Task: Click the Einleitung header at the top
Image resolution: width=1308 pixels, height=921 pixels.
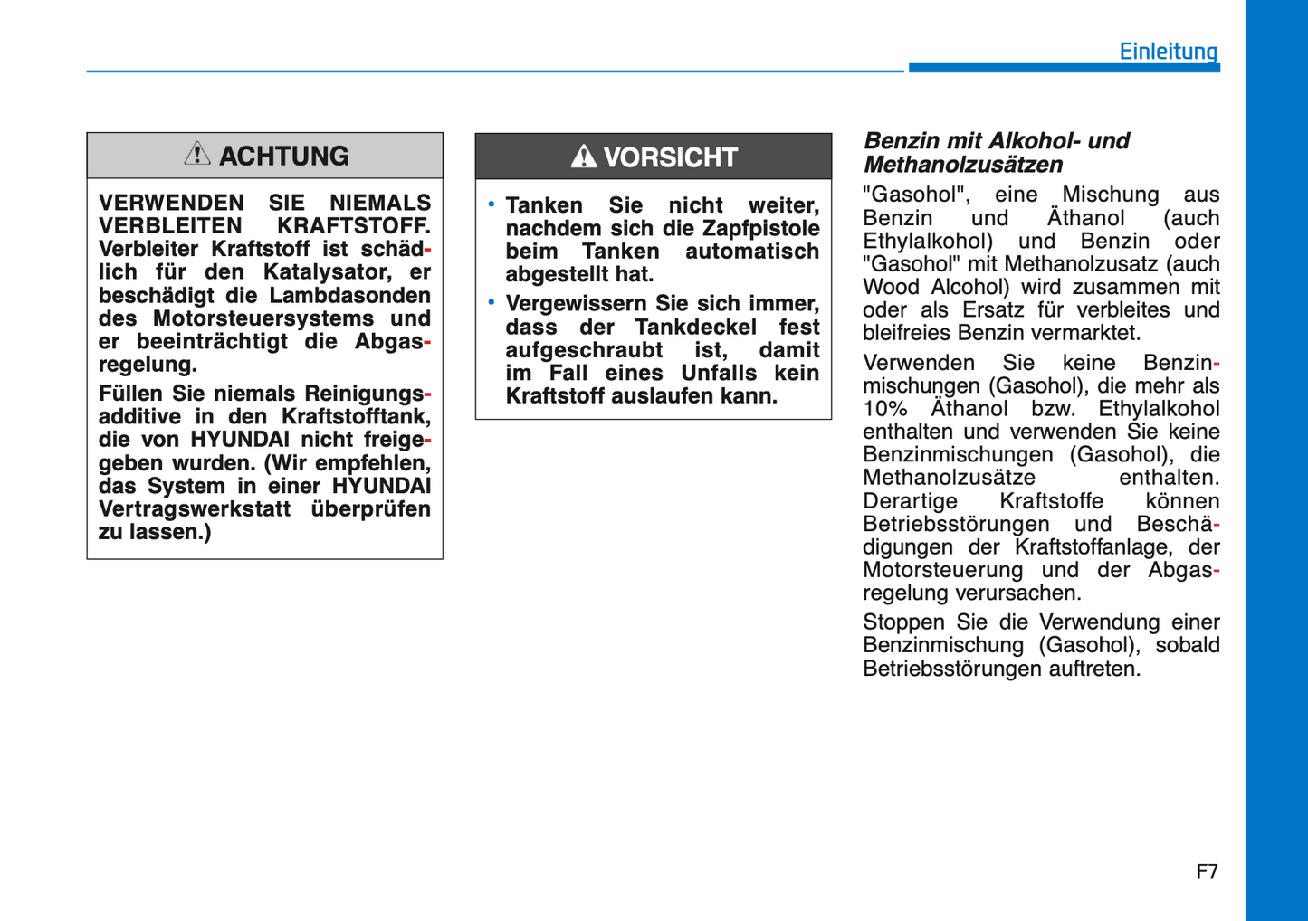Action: pos(1168,51)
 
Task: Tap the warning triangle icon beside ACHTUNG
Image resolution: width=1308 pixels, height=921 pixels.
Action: pos(197,154)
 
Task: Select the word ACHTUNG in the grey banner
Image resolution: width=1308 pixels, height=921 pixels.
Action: pos(283,156)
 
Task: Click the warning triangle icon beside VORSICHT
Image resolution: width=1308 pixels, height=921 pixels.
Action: pos(583,157)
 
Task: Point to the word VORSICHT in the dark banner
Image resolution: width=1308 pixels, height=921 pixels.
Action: pos(670,157)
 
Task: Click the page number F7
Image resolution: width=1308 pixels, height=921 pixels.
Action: pos(1207,871)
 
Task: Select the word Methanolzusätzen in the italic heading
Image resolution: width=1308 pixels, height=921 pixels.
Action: pos(962,165)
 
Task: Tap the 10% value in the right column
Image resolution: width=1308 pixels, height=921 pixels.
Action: pos(884,408)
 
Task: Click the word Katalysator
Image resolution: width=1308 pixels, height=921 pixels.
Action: pos(324,271)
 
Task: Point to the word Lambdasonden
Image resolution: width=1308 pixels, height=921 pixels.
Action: pos(349,295)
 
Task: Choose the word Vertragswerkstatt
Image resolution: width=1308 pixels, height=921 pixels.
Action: pos(195,508)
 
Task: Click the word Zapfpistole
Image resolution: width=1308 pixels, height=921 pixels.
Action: pos(760,228)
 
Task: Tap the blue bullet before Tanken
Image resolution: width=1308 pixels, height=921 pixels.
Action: pos(492,204)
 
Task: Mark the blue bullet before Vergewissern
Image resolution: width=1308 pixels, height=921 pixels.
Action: pos(492,302)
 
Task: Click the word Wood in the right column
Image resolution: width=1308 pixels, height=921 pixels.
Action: pos(891,287)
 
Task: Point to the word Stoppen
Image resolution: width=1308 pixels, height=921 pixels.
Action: pos(902,622)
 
